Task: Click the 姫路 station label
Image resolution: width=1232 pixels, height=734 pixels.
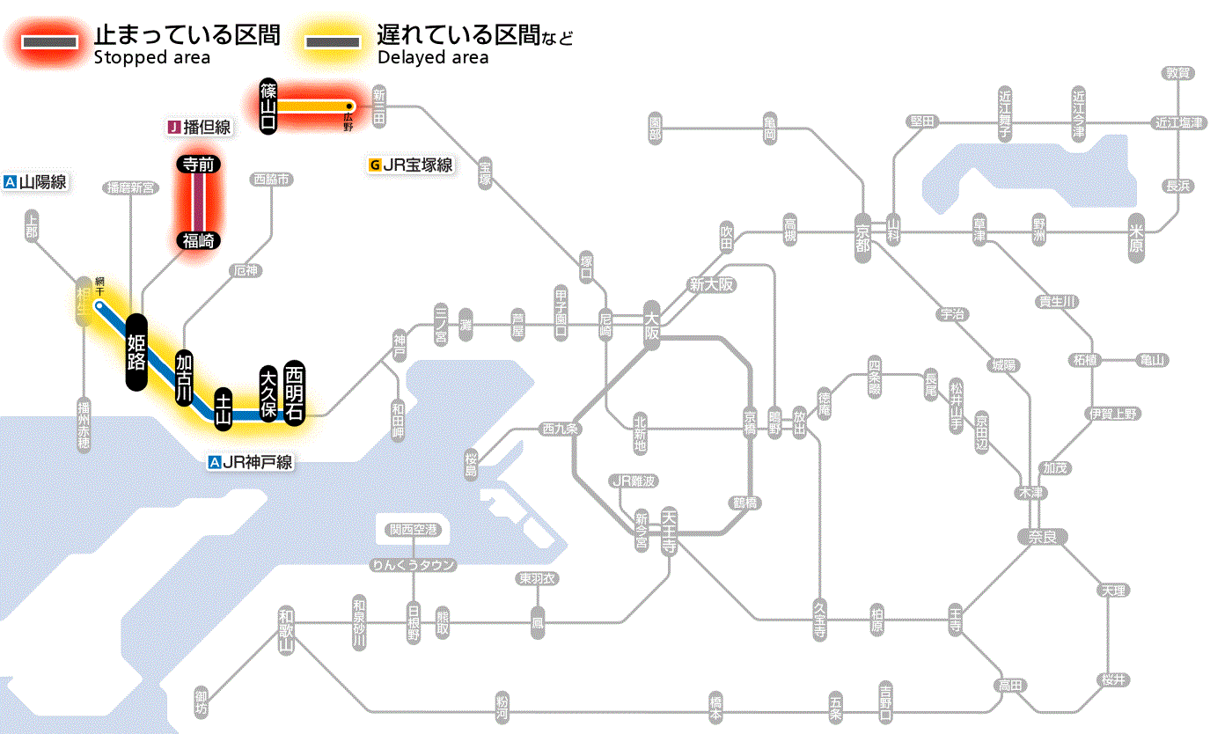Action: [x=136, y=350]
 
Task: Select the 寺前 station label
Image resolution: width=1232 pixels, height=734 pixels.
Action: [x=199, y=164]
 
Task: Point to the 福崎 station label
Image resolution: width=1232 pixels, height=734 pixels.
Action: [x=199, y=239]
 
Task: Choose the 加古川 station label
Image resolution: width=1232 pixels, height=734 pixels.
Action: [x=184, y=378]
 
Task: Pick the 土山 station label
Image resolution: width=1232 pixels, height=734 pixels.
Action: [x=224, y=408]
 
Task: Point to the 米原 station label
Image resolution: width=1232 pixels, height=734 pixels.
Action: [x=1137, y=239]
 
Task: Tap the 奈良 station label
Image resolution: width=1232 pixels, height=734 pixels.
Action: [x=1042, y=536]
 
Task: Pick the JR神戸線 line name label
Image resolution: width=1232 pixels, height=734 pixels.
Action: [x=250, y=461]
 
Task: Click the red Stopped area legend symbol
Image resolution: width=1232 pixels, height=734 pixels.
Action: [x=53, y=42]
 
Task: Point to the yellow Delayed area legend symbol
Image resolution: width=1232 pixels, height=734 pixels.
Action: [x=332, y=42]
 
